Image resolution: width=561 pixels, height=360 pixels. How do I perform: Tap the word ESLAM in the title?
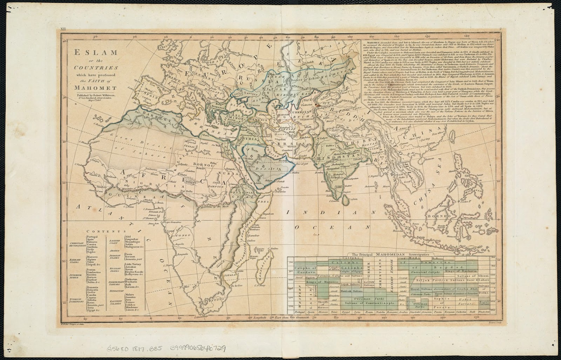(95, 53)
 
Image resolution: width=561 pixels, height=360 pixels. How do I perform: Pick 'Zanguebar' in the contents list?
(132, 239)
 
